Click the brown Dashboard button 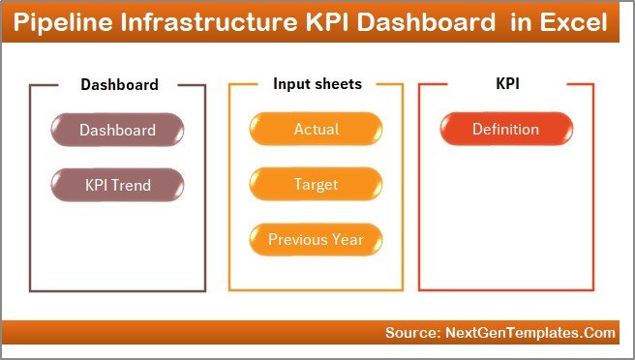(x=117, y=130)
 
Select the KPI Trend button (x=117, y=184)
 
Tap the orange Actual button (x=316, y=130)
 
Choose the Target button (x=316, y=184)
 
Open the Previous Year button (x=316, y=239)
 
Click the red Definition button (x=505, y=130)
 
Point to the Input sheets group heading (x=317, y=84)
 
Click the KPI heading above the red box (x=507, y=84)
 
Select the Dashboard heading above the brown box (x=119, y=84)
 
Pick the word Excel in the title (x=575, y=22)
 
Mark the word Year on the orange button (x=347, y=239)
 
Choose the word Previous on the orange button (x=298, y=239)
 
